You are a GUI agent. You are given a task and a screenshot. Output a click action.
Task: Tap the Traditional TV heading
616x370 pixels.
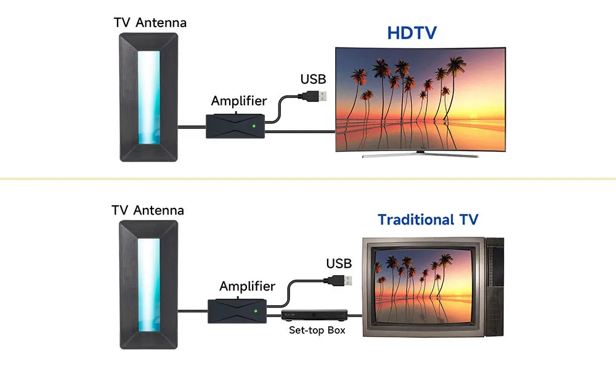point(428,220)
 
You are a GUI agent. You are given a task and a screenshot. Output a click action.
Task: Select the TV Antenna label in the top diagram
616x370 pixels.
point(150,23)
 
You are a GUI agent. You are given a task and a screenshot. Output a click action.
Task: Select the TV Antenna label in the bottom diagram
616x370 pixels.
point(148,210)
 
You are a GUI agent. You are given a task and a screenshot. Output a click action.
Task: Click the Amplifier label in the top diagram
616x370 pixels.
point(239,101)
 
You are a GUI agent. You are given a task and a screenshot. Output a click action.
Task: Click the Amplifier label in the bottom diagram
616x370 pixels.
point(247,286)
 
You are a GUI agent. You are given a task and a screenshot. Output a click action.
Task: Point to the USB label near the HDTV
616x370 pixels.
point(313,79)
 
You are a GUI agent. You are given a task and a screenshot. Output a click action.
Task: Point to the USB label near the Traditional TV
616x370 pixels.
point(339,264)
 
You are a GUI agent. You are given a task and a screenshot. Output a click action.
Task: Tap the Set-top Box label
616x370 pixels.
point(317,331)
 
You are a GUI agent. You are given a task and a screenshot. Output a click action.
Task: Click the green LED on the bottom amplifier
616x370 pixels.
point(256,311)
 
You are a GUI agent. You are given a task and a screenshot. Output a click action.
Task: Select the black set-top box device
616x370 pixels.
point(314,315)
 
